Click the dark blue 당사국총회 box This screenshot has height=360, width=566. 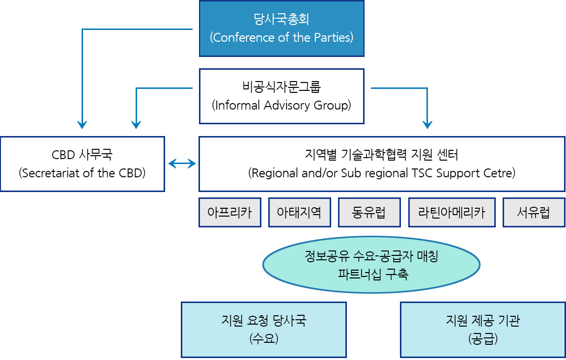tap(282, 28)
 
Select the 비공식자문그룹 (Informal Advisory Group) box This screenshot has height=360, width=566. tap(282, 96)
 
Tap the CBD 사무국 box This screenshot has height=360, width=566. tap(83, 164)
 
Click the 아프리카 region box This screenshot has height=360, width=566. tap(230, 213)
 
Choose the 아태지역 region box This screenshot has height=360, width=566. tap(300, 213)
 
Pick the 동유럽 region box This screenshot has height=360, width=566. tap(369, 213)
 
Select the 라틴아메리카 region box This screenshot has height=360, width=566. tap(452, 213)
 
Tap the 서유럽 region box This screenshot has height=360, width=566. tap(534, 213)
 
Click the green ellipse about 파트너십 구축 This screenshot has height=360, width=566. tap(371, 265)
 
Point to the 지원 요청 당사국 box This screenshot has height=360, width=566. tap(264, 330)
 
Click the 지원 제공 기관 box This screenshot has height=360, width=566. tap(483, 330)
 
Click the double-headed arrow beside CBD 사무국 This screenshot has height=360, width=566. tap(182, 164)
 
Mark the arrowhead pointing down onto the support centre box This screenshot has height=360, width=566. tap(427, 125)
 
